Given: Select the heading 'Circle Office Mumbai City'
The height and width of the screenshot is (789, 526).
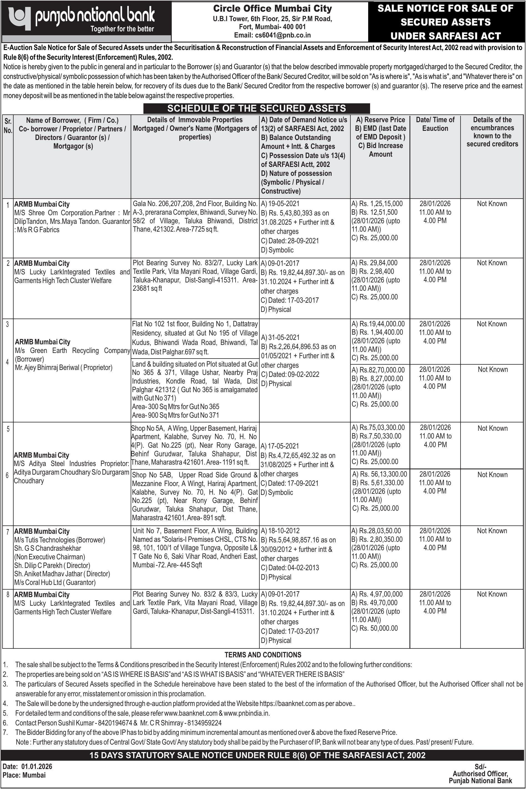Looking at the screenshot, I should point(272,8).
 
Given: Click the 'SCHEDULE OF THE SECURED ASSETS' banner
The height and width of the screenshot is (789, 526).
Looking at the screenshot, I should point(257,108).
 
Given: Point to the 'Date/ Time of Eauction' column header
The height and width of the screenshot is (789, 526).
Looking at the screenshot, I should point(435,124).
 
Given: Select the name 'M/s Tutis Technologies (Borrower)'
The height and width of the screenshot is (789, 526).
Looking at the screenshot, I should point(60,540).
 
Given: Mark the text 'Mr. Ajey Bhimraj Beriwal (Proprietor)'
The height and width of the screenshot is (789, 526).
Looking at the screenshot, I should point(64,368).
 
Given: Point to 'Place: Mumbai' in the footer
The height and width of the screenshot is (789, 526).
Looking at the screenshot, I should point(24,775).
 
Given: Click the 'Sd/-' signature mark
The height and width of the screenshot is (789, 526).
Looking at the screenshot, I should point(481,767).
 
